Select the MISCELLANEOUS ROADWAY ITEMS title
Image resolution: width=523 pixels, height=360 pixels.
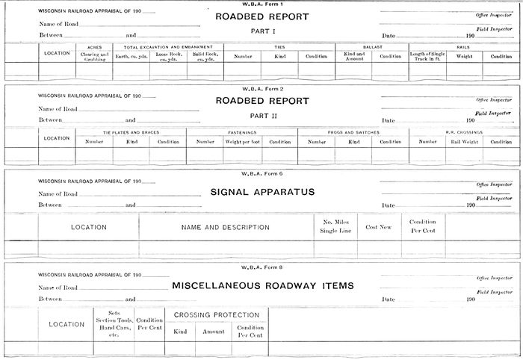click(262, 285)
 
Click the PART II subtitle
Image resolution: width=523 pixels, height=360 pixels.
click(261, 116)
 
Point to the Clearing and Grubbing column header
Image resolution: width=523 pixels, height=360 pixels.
click(94, 56)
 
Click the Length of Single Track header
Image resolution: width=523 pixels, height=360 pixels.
click(427, 56)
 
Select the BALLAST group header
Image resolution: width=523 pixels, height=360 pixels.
click(371, 47)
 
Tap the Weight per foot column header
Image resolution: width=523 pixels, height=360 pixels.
click(242, 141)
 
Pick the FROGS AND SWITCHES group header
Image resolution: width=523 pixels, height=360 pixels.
click(353, 132)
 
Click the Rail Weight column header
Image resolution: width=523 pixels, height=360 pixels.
click(464, 141)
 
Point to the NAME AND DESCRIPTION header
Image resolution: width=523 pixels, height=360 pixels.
click(226, 227)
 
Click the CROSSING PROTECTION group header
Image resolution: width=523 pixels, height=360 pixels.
click(217, 315)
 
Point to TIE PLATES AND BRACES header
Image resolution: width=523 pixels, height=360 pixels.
click(131, 132)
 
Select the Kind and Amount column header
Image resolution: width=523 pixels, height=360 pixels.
click(353, 56)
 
